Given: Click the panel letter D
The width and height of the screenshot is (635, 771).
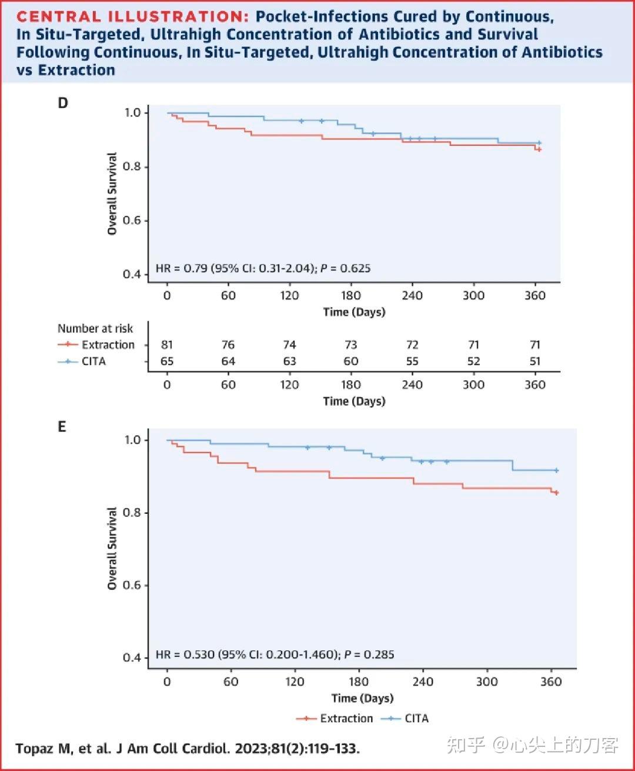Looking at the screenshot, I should click(x=63, y=103).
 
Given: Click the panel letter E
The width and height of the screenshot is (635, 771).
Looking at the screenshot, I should click(x=62, y=427).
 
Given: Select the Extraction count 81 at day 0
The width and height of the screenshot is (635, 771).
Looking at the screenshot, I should click(x=167, y=345).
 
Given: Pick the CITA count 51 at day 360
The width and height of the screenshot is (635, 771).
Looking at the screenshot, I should click(x=534, y=361).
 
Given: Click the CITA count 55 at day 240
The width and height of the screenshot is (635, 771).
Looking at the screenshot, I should click(x=412, y=361).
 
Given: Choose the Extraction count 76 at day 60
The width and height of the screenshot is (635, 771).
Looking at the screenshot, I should click(x=228, y=345).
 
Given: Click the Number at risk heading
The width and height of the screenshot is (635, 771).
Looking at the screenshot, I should click(x=95, y=328).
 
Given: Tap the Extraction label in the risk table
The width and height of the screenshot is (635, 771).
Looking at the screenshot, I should click(x=108, y=345).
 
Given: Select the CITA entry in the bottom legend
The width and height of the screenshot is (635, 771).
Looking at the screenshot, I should click(x=416, y=719).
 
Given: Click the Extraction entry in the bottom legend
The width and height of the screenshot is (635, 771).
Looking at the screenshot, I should click(x=346, y=719).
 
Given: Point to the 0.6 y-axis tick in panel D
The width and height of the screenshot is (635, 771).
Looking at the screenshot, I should click(x=132, y=221).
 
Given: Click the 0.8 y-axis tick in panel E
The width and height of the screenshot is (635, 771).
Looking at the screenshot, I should click(x=132, y=513).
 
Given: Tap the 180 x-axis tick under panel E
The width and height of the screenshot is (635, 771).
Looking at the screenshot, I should click(x=359, y=682).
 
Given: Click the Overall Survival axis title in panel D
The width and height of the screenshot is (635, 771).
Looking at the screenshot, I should click(x=112, y=194).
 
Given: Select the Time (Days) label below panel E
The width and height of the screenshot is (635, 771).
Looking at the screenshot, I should click(x=362, y=699).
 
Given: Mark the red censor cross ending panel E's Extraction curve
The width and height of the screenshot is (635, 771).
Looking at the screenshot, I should click(x=556, y=493).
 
